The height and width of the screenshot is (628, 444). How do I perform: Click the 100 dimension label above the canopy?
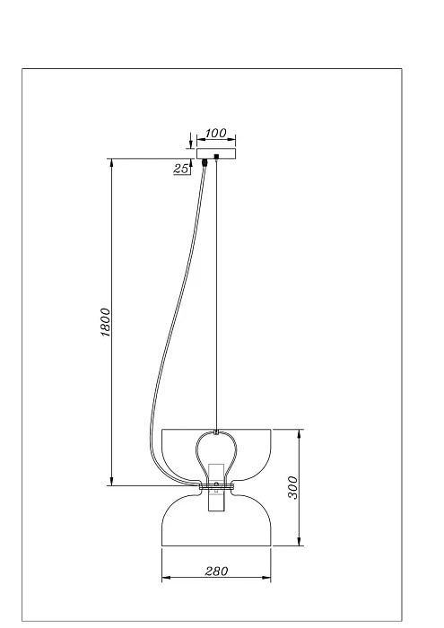215,134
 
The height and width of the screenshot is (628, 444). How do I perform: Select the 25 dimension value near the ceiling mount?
181,169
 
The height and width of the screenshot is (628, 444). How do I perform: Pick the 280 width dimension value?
215,571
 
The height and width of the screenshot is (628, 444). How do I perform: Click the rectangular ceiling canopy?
215,153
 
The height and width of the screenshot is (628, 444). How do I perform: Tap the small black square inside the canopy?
216,158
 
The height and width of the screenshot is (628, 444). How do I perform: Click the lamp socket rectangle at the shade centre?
215,489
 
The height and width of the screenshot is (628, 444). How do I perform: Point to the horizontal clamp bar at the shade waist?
215,486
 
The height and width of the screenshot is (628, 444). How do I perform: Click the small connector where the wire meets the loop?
215,433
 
